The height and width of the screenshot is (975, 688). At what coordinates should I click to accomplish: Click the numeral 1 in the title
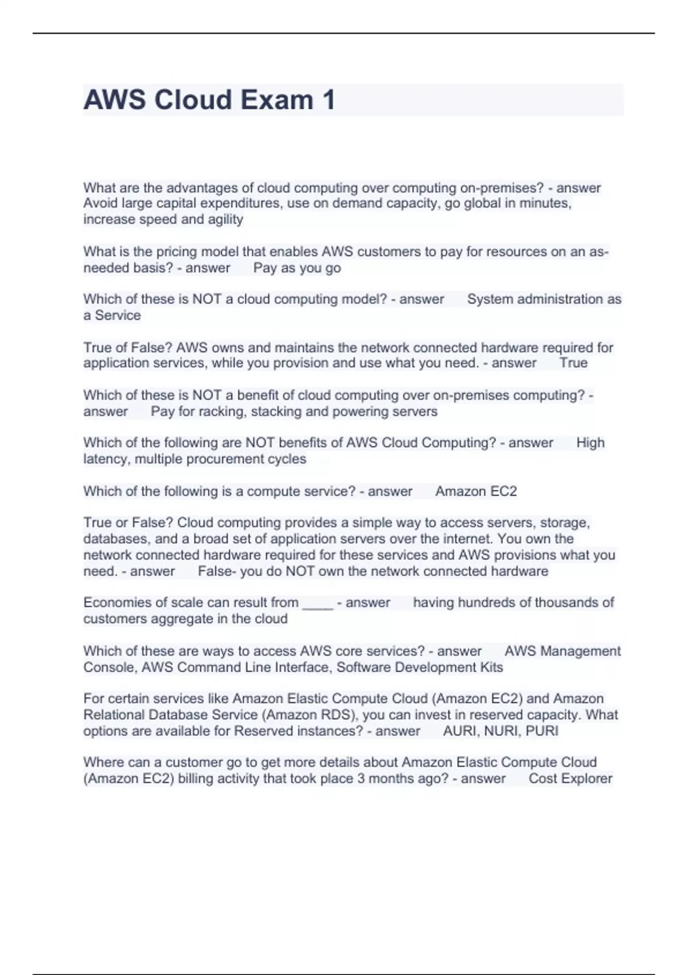click(x=329, y=100)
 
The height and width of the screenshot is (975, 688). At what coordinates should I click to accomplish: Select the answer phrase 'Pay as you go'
click(x=297, y=268)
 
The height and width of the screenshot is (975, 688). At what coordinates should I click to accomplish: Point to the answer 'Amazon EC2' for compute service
click(x=476, y=491)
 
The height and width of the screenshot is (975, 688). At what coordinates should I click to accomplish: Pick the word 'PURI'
click(x=542, y=731)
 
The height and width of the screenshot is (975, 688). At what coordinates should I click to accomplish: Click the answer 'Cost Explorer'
click(x=570, y=778)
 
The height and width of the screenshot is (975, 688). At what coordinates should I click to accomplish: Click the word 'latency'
click(x=107, y=459)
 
